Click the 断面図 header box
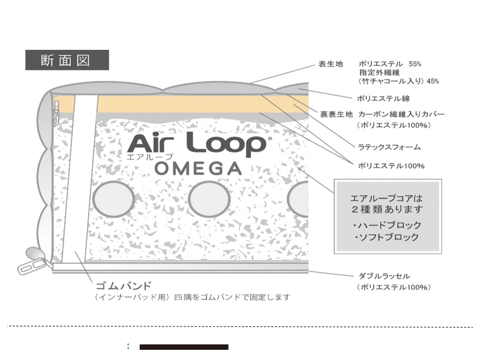point(67,61)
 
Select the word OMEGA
point(198,168)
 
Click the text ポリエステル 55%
point(391,63)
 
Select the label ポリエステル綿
point(383,98)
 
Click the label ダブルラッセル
point(383,276)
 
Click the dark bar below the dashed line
point(184,347)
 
